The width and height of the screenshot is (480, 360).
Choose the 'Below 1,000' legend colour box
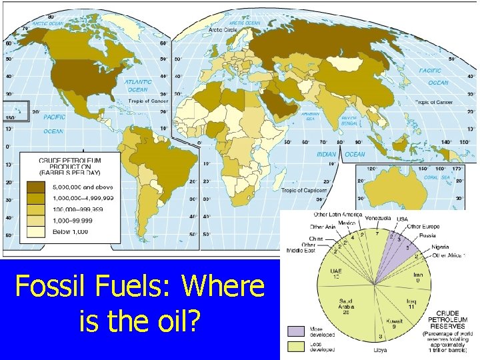[x=34, y=231]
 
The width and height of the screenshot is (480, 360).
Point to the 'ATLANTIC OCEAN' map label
[x=138, y=86]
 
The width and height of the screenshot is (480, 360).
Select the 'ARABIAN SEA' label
[x=311, y=117]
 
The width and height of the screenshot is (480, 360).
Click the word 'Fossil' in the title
[x=51, y=288]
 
